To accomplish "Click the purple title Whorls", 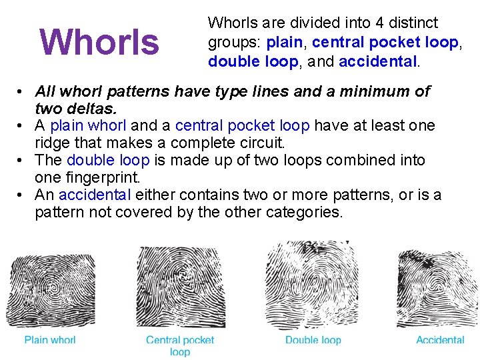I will pos(99,41).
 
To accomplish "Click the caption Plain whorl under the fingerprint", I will pos(50,340).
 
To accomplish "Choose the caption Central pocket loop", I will pos(180,345).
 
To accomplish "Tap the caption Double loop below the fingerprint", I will pos(313,340).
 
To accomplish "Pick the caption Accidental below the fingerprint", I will pos(440,340).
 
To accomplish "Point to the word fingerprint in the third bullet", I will pos(108,177).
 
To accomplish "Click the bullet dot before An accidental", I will pos(23,195).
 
